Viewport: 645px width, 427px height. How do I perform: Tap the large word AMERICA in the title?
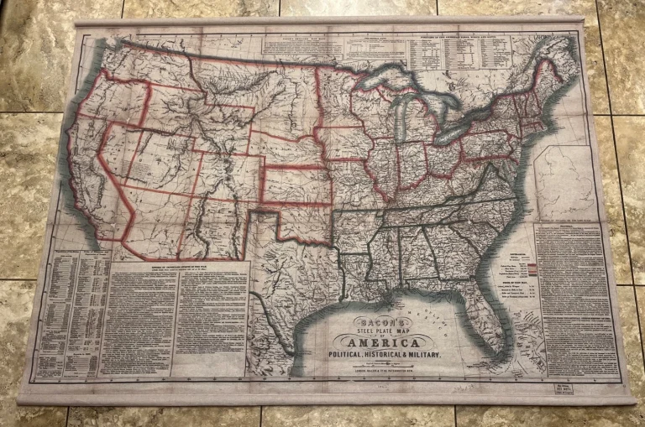coord(385,341)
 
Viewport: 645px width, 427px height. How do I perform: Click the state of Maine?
coord(550,80)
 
